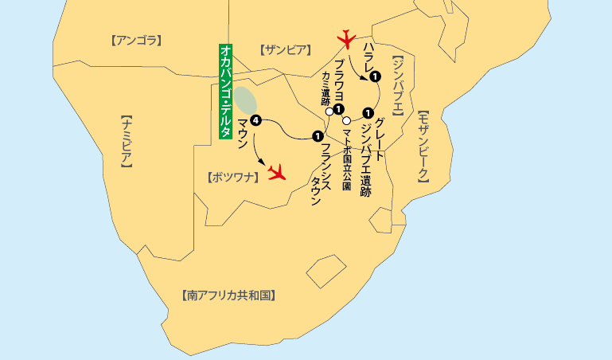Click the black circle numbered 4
click(255, 121)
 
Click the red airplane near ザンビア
click(346, 37)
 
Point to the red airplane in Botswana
click(277, 171)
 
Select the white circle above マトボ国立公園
click(346, 120)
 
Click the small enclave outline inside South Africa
click(325, 272)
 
